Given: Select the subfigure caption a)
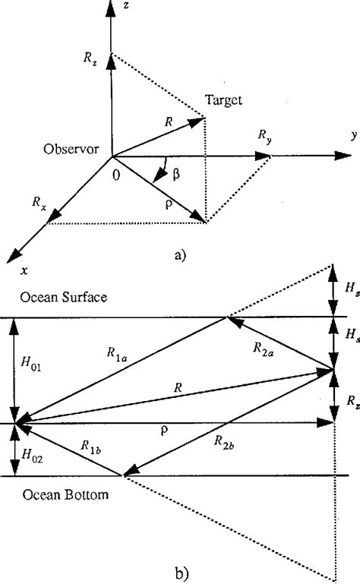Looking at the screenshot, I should pyautogui.click(x=179, y=255).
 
